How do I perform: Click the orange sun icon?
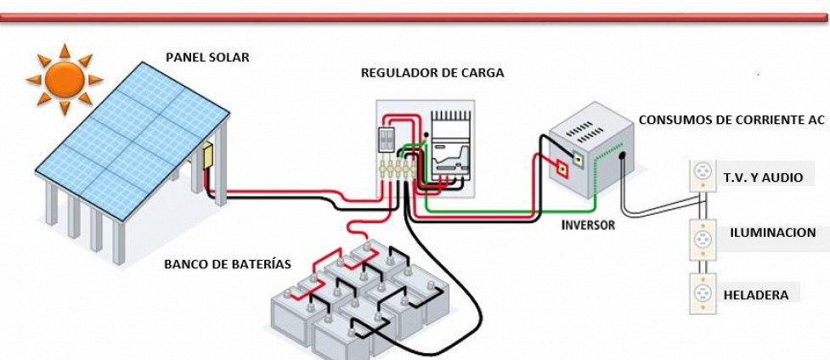point(65,80)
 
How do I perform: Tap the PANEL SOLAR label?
point(207,58)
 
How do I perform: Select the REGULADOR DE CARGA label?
point(432,73)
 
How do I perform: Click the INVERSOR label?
point(588,226)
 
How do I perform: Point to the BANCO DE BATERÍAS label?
point(227,264)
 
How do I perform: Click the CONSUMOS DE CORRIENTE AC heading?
point(731,120)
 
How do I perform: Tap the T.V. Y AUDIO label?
point(761,177)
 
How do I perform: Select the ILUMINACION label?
point(772,232)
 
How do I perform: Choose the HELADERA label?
point(755,295)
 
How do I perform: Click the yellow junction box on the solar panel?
point(206,157)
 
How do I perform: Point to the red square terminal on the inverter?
point(562,167)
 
